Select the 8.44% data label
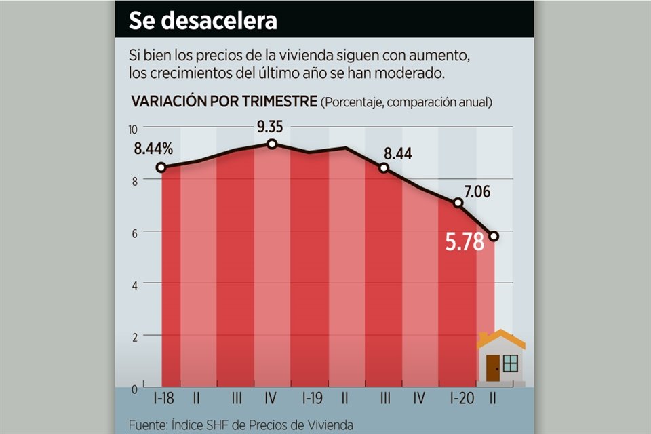tap(153, 149)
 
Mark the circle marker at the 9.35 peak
tap(272, 144)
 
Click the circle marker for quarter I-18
tap(161, 167)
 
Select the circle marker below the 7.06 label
tap(458, 202)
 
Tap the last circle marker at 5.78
tap(494, 236)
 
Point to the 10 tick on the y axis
tap(133, 129)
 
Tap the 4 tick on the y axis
tap(134, 285)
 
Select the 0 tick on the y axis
tap(134, 389)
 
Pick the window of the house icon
tap(511, 363)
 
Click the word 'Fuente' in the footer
tap(146, 425)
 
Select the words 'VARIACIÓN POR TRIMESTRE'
tap(224, 102)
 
